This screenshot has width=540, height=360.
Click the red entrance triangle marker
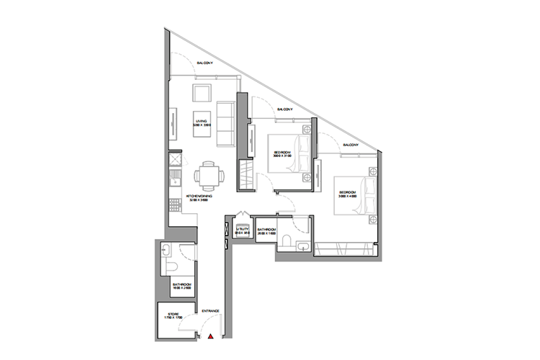click(210, 336)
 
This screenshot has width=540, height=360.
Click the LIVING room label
click(200, 121)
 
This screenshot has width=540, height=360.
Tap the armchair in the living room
click(201, 93)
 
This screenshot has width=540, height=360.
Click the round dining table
click(207, 174)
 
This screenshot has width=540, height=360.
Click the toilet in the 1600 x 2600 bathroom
click(171, 266)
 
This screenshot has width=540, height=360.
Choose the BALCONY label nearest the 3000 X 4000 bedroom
click(351, 145)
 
